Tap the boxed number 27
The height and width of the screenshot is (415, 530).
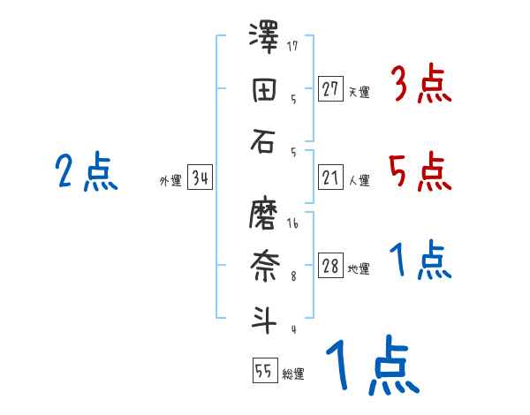point(330,89)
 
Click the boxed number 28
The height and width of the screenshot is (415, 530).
point(330,267)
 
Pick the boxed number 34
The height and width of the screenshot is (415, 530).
point(200,178)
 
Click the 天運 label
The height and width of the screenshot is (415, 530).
point(359,92)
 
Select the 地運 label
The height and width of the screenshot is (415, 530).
point(359,269)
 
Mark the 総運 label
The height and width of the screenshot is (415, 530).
point(293,374)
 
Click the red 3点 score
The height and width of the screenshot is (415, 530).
point(420,85)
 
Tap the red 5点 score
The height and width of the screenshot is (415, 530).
point(420,171)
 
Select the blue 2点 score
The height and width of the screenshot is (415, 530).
point(86,171)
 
